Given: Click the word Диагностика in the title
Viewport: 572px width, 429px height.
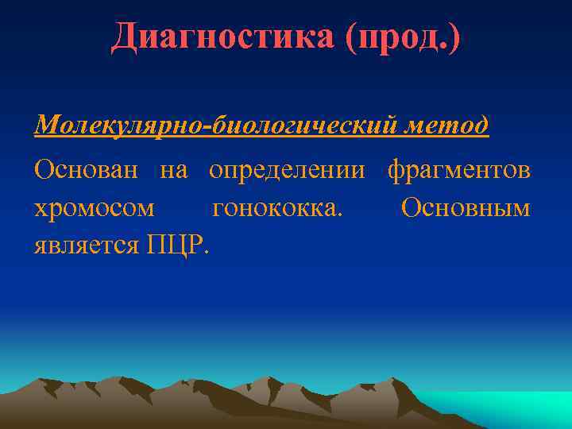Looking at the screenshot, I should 223,37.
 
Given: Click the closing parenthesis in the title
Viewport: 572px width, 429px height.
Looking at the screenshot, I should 454,38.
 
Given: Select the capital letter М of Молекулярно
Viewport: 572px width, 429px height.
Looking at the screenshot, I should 47,125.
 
